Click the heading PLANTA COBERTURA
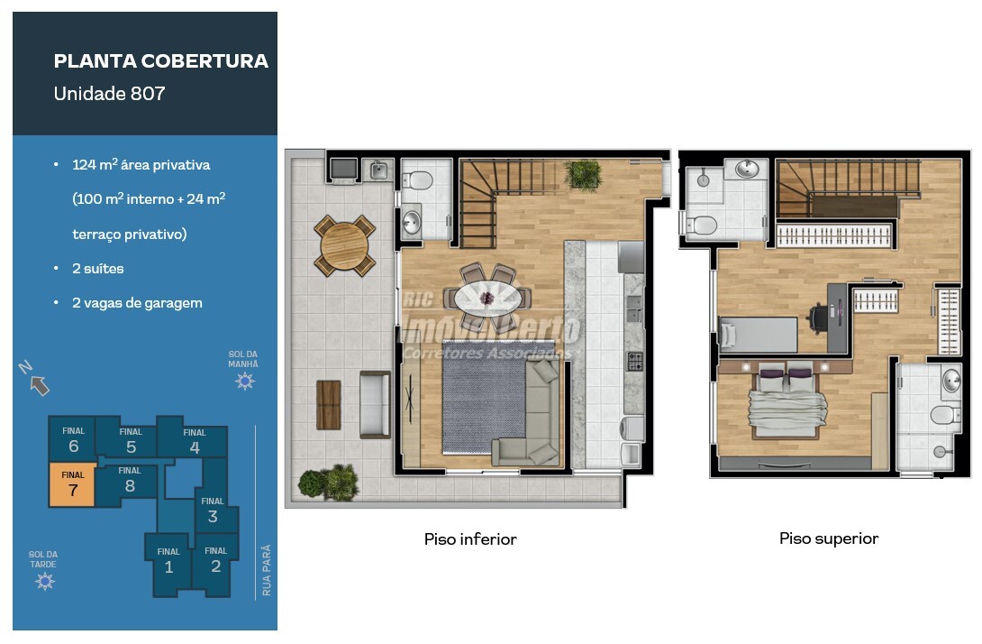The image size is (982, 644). [161, 60]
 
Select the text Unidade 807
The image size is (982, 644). [110, 94]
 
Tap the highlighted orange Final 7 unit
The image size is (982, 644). [73, 484]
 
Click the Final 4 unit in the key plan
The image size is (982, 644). [194, 440]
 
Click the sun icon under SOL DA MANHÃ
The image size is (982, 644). [244, 381]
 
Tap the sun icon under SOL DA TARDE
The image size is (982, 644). [45, 581]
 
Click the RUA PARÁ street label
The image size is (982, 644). [267, 570]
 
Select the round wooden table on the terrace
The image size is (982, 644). [344, 245]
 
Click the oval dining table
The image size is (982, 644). [488, 298]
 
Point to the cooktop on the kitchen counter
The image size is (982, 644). [634, 361]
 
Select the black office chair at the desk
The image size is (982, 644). [819, 317]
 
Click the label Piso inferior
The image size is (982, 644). [470, 539]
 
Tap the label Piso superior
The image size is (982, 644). [829, 538]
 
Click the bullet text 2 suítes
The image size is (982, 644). [97, 269]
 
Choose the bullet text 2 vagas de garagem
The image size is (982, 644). [137, 303]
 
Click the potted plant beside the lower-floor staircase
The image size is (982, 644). [583, 174]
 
